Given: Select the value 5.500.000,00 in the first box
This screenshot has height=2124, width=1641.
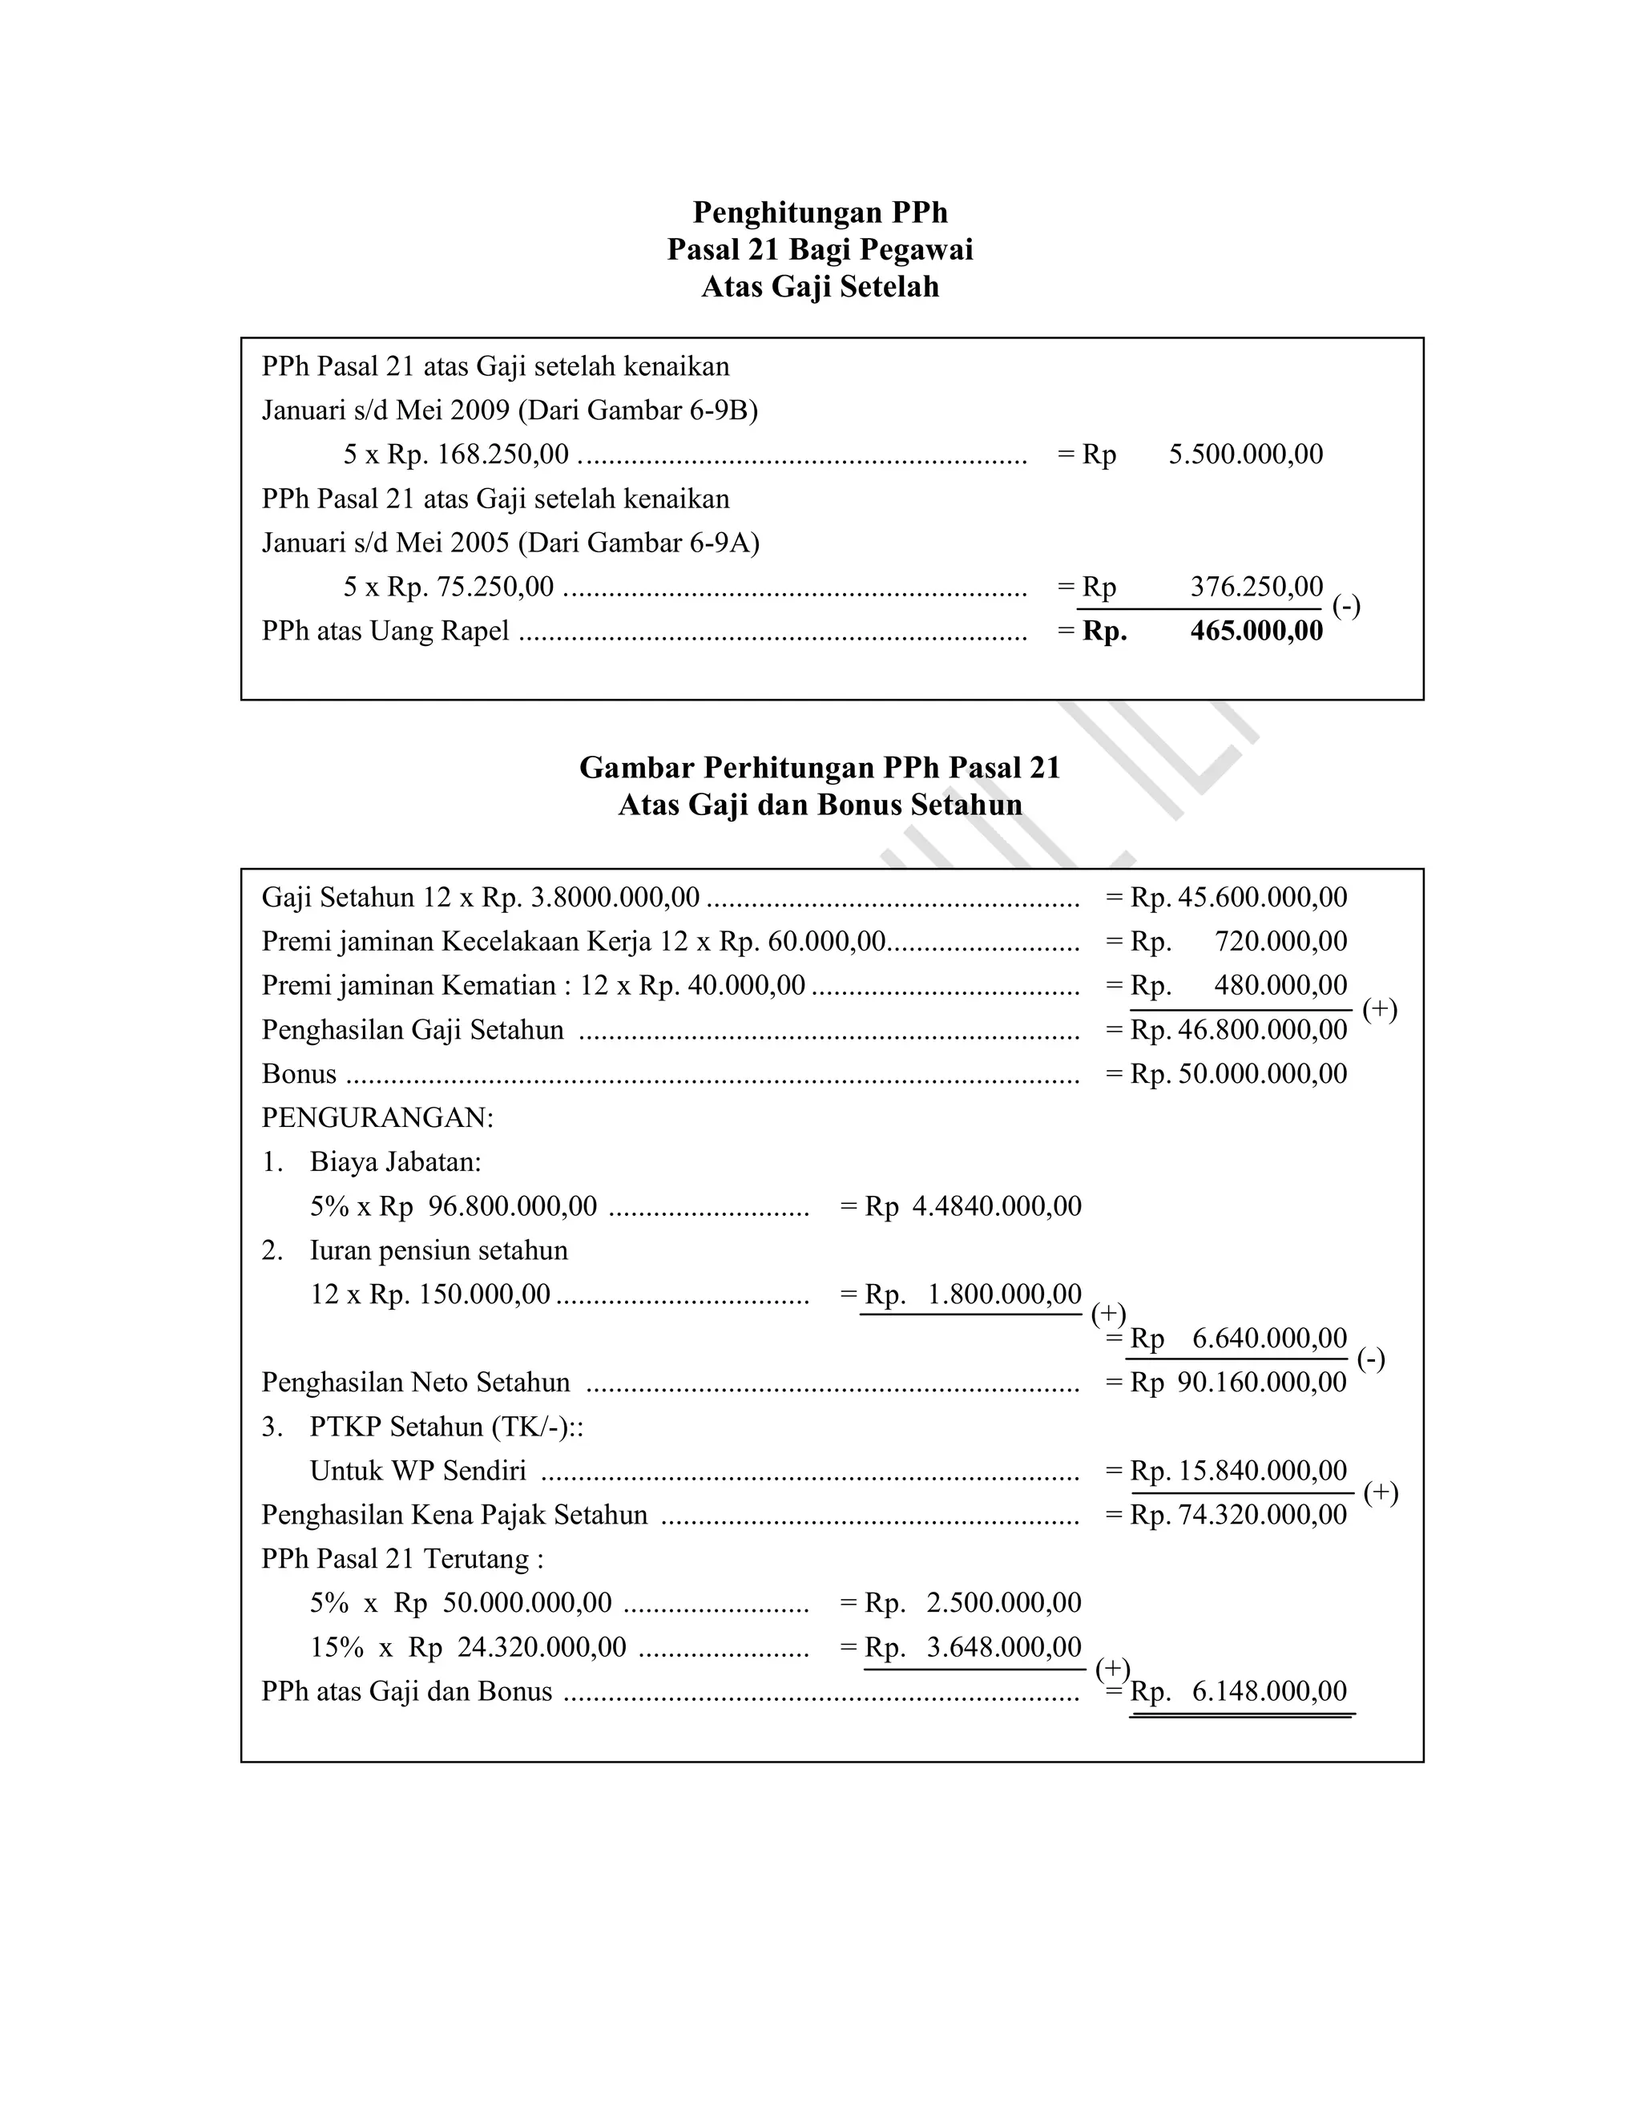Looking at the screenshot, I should coord(1245,454).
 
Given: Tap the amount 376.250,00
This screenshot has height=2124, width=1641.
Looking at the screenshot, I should coord(1256,587).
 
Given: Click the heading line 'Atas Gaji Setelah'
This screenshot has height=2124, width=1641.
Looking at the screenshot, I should coord(820,287).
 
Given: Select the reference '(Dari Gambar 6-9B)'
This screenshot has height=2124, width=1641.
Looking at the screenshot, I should coord(638,410).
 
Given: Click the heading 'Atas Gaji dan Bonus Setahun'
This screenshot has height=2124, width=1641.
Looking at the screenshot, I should coord(820,806).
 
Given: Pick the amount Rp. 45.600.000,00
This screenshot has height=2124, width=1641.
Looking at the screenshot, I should coord(1239,897).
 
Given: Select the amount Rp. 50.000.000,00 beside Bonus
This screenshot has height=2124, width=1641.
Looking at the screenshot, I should coord(1239,1074).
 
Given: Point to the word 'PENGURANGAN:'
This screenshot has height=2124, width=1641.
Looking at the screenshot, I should coord(377,1117).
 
